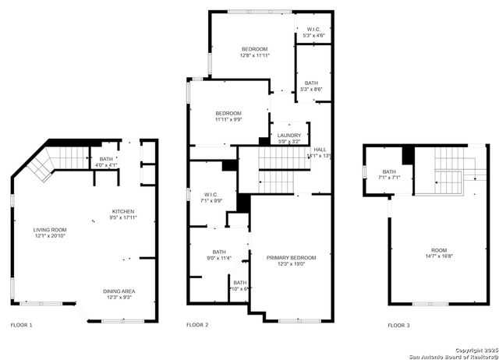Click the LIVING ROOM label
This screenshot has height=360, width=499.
48,230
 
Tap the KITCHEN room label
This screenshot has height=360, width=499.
123,212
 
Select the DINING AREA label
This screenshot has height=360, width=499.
122,291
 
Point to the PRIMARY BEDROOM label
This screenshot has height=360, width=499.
291,257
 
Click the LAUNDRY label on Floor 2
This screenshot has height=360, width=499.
289,136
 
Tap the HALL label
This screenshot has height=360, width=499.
319,150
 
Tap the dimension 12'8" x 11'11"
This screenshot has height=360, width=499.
254,55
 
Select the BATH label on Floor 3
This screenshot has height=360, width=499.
389,171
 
